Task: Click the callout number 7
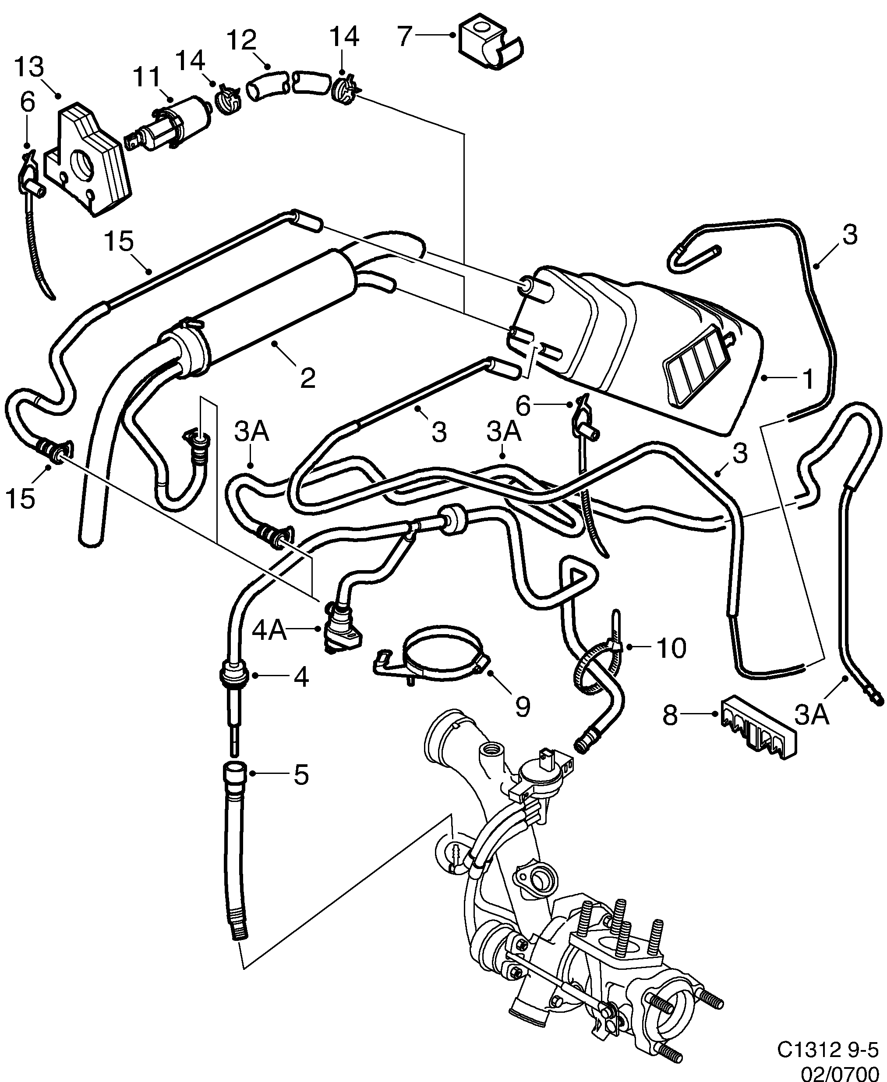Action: [405, 37]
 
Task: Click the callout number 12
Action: [241, 40]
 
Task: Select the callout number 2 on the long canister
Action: [307, 378]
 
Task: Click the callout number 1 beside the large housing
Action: [807, 379]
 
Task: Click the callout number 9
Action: [523, 707]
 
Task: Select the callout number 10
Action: [671, 648]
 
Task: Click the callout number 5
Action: [301, 775]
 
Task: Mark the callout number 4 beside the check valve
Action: [301, 678]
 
